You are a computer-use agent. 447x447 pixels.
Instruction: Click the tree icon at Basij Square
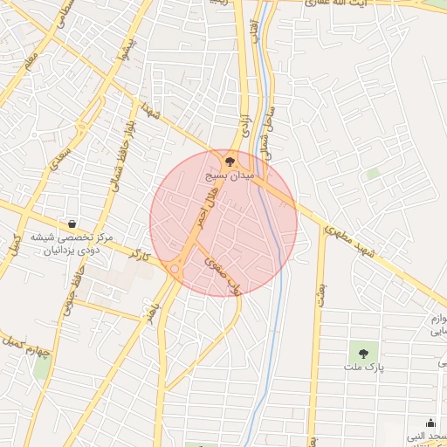230,161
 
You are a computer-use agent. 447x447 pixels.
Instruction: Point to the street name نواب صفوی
222,274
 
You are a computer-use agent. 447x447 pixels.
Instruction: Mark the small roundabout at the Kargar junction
175,269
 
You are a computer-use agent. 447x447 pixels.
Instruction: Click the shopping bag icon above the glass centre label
71,223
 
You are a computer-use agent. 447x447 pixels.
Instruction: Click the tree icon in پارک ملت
363,353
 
